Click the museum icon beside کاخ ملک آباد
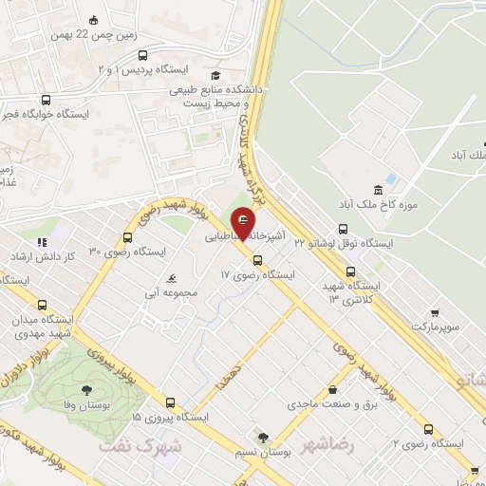pos(379,186)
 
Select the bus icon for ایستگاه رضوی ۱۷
pos(256,260)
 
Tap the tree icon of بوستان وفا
pos(87,390)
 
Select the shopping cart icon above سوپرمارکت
pos(434,313)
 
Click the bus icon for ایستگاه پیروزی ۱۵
pos(170,402)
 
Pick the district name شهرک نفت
pos(145,444)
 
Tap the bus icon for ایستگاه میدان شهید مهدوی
pos(41,306)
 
